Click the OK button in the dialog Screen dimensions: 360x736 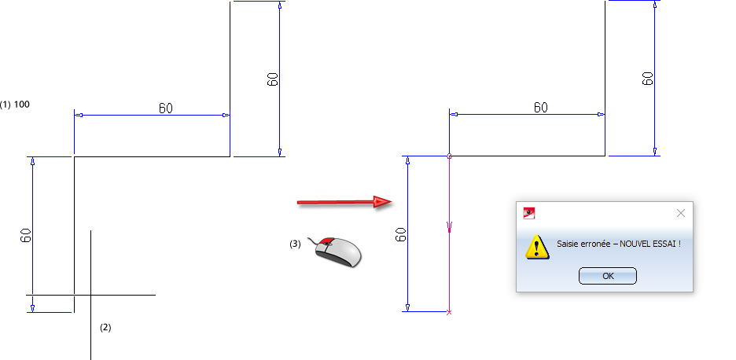click(x=607, y=276)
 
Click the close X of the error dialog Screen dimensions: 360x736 click(x=681, y=212)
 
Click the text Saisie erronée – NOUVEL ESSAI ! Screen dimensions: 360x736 click(x=618, y=244)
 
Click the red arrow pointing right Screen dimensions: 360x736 click(x=344, y=202)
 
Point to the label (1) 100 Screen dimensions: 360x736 click(x=15, y=104)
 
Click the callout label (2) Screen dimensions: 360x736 click(x=105, y=327)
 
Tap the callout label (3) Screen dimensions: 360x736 click(x=295, y=244)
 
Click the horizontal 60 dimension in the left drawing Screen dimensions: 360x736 click(x=166, y=108)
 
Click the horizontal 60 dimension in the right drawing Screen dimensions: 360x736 click(x=540, y=107)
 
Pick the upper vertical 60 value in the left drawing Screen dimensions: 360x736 click(x=272, y=79)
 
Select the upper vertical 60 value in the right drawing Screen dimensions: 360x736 click(x=647, y=78)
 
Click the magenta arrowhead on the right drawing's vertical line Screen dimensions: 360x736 click(x=449, y=229)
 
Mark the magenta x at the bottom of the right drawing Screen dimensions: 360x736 click(x=449, y=312)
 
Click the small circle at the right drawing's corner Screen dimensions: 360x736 click(x=449, y=156)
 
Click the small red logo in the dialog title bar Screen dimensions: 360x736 click(x=529, y=211)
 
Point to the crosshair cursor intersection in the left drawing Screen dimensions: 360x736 click(x=91, y=295)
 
